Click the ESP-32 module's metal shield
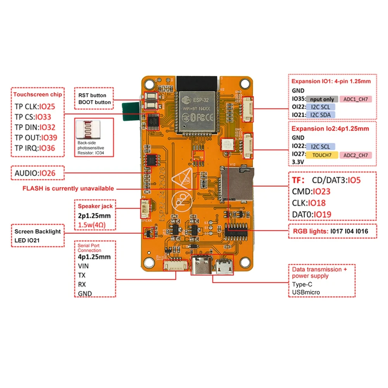point(196,111)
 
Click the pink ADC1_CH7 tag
point(355,99)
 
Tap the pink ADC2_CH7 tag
point(355,155)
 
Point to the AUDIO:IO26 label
point(35,173)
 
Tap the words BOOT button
point(95,102)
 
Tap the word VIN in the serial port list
point(83,266)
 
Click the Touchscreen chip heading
point(37,94)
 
